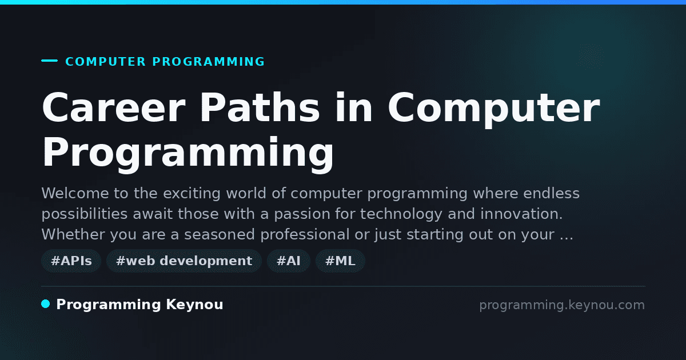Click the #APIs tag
(x=71, y=261)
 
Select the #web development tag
(x=184, y=261)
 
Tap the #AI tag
(x=289, y=261)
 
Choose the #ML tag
(x=340, y=261)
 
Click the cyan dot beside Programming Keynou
(x=46, y=304)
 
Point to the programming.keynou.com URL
(x=562, y=305)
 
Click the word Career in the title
(x=114, y=108)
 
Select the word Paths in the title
(x=260, y=108)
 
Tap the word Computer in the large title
(x=494, y=110)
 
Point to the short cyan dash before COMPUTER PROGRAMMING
(x=49, y=61)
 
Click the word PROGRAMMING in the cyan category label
(x=209, y=62)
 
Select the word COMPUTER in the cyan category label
(x=106, y=62)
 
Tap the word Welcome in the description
(x=75, y=193)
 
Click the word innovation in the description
(x=521, y=214)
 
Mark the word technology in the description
(x=401, y=214)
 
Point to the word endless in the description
(x=551, y=193)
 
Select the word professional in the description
(x=305, y=235)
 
